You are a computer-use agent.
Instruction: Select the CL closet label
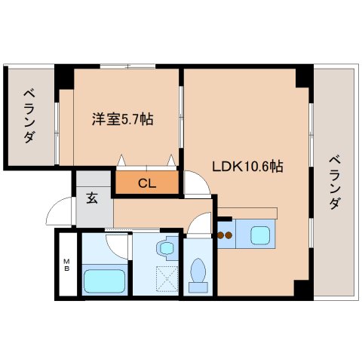(148, 183)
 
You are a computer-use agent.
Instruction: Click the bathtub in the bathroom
(103, 281)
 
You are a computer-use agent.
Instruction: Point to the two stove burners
(225, 235)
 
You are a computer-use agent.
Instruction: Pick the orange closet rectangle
(148, 183)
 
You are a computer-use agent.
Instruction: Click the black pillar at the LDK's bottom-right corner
(302, 289)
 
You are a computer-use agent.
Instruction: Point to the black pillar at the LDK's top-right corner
(304, 76)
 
